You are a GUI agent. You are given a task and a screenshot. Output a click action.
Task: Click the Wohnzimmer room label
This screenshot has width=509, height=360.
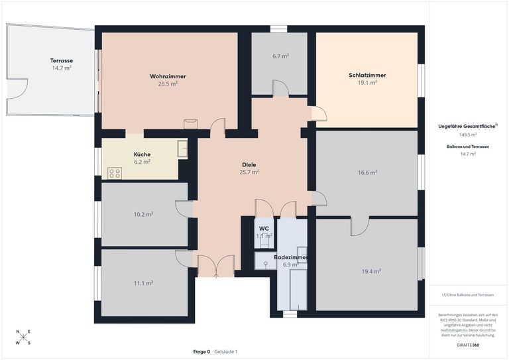pos(168,76)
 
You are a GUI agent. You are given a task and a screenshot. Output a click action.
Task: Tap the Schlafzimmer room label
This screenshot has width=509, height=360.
pos(367,75)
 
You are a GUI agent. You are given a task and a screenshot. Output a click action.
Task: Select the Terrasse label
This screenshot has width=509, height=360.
pos(62,60)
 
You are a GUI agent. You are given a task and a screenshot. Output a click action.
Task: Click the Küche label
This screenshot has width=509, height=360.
pos(142,154)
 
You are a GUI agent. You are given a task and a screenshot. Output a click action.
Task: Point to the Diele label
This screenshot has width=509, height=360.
pos(249,164)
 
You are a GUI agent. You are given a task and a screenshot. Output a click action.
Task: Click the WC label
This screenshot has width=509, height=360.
pos(264,228)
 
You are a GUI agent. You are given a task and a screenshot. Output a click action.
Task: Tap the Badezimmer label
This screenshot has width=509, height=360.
pos(290,257)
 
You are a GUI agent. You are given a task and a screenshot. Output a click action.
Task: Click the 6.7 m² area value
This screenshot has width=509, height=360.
pos(280,56)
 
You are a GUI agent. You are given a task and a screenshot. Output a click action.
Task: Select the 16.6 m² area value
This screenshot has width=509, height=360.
pos(367,172)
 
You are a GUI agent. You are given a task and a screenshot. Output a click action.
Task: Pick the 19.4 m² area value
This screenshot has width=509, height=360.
pos(367,270)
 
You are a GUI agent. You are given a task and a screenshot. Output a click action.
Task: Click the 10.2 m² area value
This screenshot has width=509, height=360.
pos(144,214)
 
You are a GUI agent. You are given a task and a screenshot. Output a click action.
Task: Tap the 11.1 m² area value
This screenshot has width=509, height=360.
pos(144,283)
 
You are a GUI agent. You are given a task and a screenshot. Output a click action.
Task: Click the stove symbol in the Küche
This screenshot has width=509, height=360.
pos(115,173)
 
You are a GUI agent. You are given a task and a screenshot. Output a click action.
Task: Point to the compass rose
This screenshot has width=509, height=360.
pos(23,337)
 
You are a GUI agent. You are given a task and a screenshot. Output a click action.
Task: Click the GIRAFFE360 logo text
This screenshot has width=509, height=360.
pos(467,346)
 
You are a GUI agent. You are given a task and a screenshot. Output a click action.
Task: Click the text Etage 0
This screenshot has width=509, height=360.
pos(201,351)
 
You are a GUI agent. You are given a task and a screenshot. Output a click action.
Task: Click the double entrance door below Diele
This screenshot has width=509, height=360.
pos(216,266)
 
